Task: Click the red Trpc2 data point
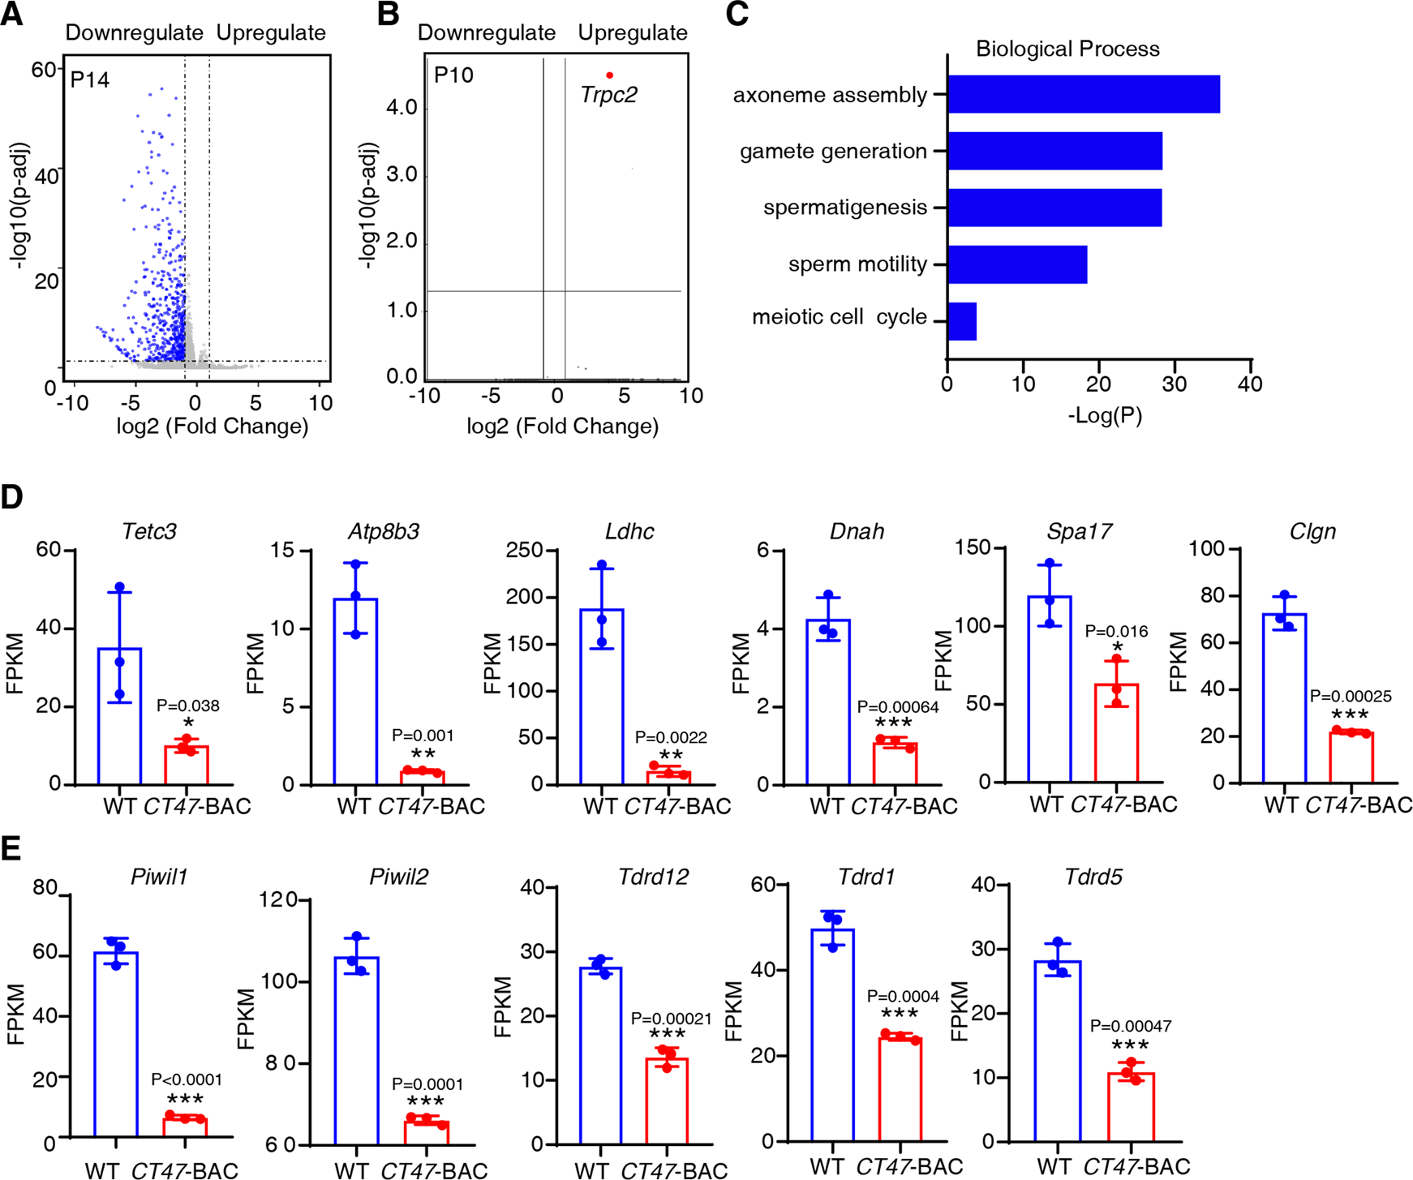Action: point(609,75)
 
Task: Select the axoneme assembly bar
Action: point(1083,94)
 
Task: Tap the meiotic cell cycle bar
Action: point(962,321)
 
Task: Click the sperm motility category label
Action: point(857,264)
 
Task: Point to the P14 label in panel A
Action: point(89,79)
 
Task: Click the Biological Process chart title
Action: point(1067,49)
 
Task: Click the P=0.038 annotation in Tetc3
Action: point(187,706)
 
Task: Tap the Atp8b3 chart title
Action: point(384,532)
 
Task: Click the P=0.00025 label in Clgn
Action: point(1351,696)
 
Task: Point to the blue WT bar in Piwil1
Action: point(116,1046)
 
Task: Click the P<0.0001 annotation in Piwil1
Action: point(186,1079)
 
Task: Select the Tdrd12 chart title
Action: point(653,877)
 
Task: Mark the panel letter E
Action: point(11,849)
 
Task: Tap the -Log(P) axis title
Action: point(1105,416)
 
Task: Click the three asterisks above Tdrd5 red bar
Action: point(1130,1045)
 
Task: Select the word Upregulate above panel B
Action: point(632,32)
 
